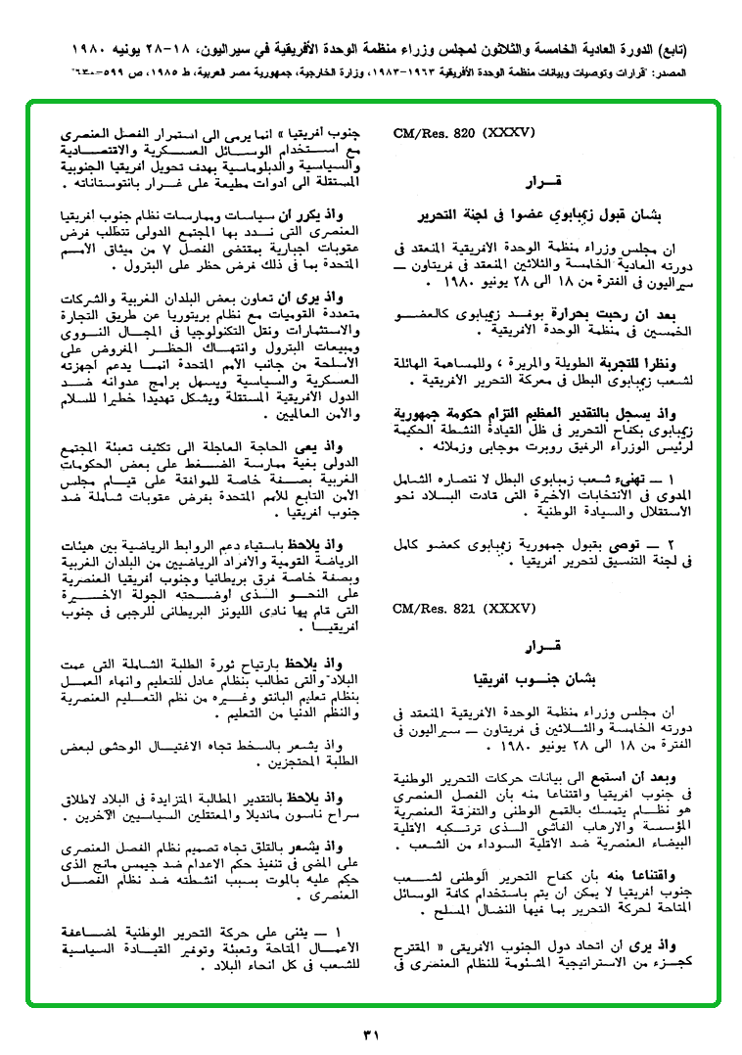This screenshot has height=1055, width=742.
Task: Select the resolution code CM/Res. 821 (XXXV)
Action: tap(455, 609)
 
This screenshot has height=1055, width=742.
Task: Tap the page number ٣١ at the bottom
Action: tap(370, 1034)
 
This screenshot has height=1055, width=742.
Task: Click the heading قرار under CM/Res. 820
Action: tap(542, 182)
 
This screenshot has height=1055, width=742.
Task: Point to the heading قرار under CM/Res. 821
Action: tap(542, 648)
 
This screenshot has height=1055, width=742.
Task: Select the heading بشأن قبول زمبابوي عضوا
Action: tap(542, 211)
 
